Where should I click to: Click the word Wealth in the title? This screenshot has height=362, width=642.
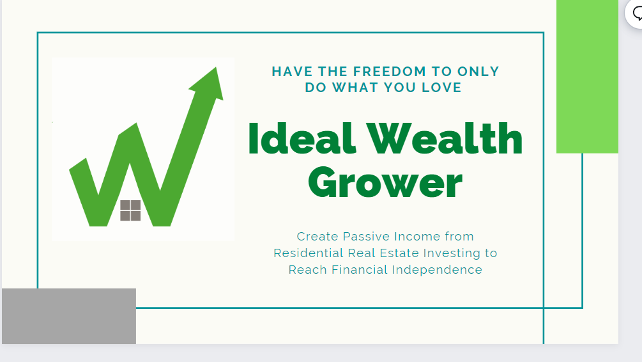tap(445, 139)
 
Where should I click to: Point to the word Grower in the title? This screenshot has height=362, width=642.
tap(385, 182)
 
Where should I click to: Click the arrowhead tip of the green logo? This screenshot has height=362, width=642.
tap(217, 68)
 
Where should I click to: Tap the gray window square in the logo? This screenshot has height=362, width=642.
tap(130, 210)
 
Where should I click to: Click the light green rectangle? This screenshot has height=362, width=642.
tap(587, 77)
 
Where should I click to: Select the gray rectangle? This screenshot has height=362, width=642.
tap(69, 316)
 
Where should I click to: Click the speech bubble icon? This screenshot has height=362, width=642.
tap(637, 13)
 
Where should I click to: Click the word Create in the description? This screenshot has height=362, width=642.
tap(317, 237)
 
